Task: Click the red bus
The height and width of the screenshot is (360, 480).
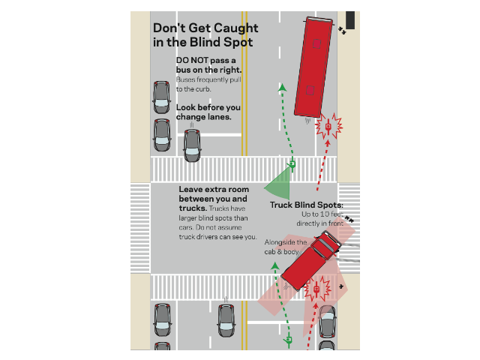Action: pos(313,67)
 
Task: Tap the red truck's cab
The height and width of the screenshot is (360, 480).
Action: pos(325,244)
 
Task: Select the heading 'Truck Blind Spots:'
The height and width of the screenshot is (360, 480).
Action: pos(307,205)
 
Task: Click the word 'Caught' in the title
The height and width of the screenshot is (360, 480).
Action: pos(223,28)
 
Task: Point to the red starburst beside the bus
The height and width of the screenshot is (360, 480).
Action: pos(328,126)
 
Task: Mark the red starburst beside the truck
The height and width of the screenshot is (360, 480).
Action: pos(316,289)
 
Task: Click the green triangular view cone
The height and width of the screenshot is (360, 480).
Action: pos(277,184)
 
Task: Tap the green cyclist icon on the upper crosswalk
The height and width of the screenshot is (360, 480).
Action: pos(292,165)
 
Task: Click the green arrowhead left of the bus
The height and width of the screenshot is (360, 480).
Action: pos(282,88)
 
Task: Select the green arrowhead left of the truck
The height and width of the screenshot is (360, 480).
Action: pos(275,265)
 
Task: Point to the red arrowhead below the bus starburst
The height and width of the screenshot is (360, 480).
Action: pos(328,142)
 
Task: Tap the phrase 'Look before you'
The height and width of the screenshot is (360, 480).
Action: pos(208,107)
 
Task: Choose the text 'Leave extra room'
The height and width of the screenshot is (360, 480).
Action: pos(214,190)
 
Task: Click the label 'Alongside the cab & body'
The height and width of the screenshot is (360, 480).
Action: pos(285,247)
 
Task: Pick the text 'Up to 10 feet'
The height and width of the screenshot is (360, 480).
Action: pos(322,214)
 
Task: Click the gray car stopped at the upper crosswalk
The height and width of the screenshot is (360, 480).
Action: pos(192,145)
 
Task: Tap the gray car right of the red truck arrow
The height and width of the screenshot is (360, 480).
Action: pos(328,322)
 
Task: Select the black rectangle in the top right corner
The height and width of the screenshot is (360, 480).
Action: pos(350,20)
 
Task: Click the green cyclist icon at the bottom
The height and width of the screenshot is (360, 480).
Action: pos(288,340)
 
